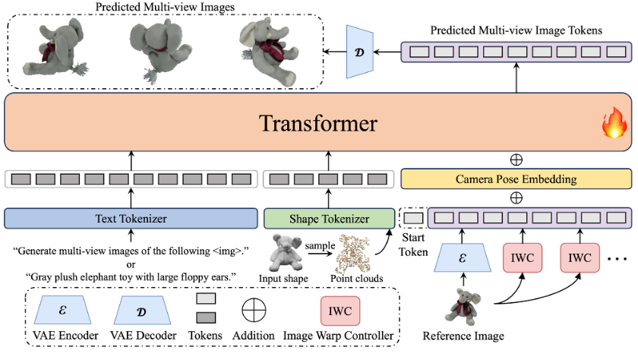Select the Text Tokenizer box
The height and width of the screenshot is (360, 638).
coord(131,219)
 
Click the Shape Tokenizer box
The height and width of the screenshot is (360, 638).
coord(329,219)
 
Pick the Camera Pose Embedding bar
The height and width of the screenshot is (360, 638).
coord(516,179)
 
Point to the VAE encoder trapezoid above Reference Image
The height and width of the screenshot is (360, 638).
coord(463,257)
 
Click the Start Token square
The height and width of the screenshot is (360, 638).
coord(412,219)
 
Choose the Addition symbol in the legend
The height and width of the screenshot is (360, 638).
coord(254,311)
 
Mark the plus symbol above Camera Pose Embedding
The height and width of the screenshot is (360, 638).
coord(516,159)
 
